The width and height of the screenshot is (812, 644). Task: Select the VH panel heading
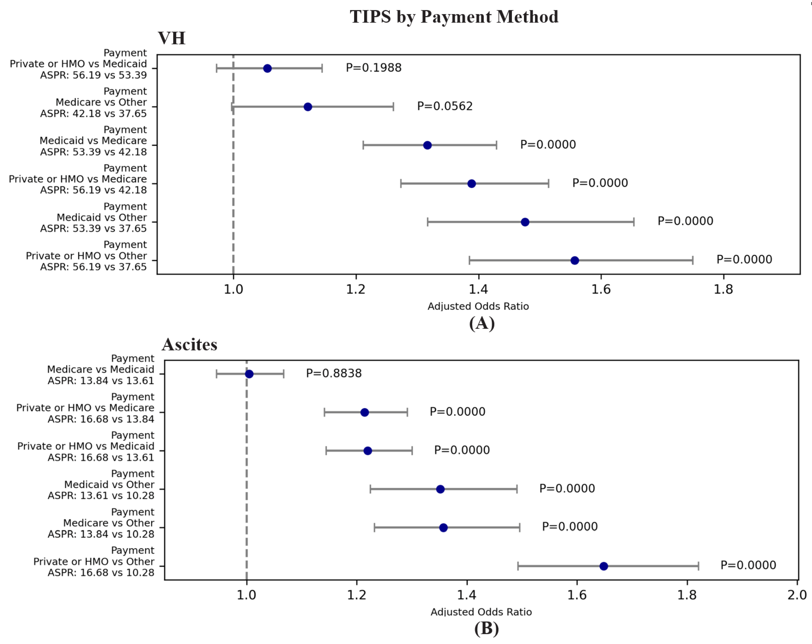(171, 38)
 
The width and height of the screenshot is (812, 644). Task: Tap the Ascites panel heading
(189, 345)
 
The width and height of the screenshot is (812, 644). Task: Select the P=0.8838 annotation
(334, 373)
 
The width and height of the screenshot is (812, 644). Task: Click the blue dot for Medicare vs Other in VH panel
(308, 107)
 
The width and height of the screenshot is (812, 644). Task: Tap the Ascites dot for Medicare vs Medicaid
(249, 374)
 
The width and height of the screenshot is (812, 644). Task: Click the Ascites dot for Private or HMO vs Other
(603, 566)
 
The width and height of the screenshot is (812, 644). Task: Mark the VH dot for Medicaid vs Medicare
(427, 145)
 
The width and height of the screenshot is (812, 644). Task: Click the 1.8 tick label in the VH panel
(723, 289)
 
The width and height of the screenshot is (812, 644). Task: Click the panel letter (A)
(482, 323)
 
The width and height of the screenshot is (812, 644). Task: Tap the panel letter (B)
(486, 628)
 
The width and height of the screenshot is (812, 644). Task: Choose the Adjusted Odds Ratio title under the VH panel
(478, 306)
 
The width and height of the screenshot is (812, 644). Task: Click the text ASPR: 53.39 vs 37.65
(93, 228)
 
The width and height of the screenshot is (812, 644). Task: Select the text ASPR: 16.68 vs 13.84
(101, 419)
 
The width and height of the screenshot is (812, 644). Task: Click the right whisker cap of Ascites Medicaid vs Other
(517, 489)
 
